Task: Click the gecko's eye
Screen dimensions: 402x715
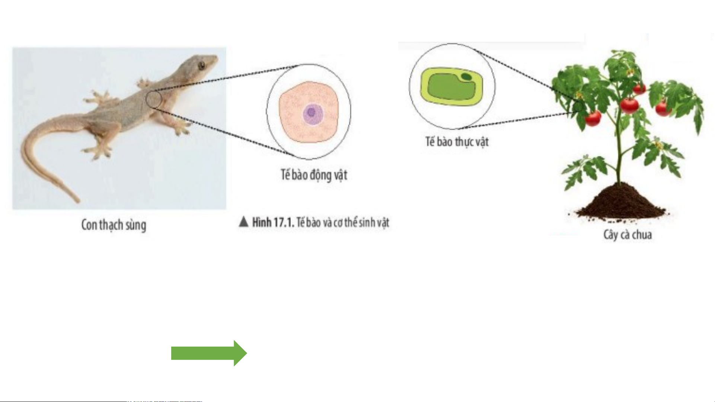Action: (201, 66)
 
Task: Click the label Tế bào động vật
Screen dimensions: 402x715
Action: (314, 175)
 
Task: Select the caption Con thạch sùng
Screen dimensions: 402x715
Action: (114, 225)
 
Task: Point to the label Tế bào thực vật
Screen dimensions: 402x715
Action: (457, 142)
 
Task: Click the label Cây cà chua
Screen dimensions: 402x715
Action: (628, 235)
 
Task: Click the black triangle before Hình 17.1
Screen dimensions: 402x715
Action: (243, 222)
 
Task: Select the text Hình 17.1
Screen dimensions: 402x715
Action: (273, 222)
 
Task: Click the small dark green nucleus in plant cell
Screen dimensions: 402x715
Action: (466, 77)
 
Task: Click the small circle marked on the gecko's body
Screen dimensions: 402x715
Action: (153, 99)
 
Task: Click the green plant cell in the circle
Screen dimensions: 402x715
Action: (451, 86)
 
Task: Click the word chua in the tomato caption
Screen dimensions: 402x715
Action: (642, 235)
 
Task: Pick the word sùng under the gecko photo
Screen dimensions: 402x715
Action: (136, 225)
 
